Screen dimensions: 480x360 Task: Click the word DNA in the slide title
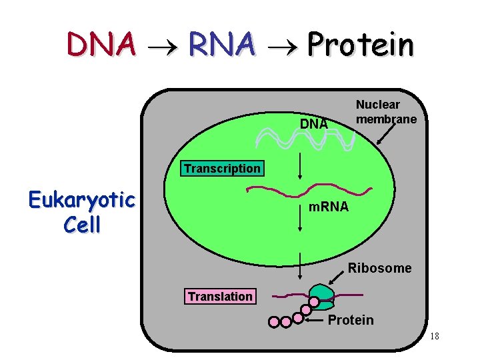101,45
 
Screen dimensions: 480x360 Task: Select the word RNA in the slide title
221,45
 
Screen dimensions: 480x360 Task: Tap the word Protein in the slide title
360,45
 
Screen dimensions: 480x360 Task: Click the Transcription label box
222,169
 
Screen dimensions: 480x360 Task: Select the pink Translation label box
220,297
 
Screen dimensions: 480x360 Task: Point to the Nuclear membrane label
386,112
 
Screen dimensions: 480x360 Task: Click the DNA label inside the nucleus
314,124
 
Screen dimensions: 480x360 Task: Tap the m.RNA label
328,207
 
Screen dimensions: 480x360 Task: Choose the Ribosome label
380,269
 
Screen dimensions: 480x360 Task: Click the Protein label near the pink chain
351,320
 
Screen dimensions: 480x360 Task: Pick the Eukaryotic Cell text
81,212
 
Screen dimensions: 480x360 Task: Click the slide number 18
434,337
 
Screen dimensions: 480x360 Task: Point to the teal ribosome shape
322,296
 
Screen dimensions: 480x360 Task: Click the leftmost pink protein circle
273,322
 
